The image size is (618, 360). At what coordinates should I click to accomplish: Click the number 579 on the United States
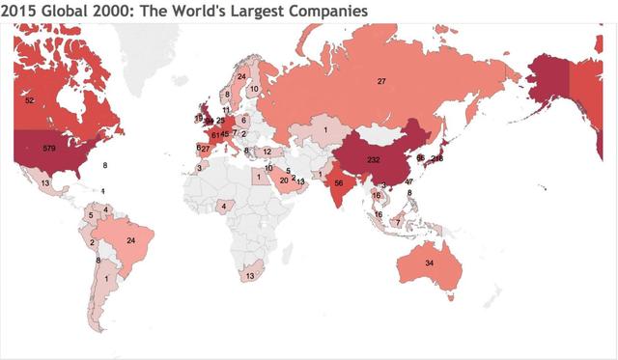(x=49, y=148)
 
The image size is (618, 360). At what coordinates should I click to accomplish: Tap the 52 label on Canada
(x=30, y=100)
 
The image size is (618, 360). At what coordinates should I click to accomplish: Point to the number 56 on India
(x=339, y=182)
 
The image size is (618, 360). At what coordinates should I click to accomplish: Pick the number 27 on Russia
(x=381, y=81)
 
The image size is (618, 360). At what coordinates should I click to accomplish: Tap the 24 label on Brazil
(x=130, y=240)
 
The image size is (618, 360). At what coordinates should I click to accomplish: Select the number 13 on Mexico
(x=44, y=182)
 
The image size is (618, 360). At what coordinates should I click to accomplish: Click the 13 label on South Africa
(x=251, y=275)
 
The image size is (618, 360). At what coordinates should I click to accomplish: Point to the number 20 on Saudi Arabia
(x=284, y=180)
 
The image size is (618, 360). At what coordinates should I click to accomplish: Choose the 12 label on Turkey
(x=267, y=152)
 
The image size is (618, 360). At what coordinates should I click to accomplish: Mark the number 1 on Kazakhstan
(x=325, y=129)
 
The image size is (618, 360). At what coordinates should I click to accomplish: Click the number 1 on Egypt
(x=258, y=177)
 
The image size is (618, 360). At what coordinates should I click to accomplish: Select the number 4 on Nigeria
(x=223, y=205)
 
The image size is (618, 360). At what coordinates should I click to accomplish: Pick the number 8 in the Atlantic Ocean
(x=104, y=166)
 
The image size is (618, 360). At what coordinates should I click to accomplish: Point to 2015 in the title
(x=19, y=11)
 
